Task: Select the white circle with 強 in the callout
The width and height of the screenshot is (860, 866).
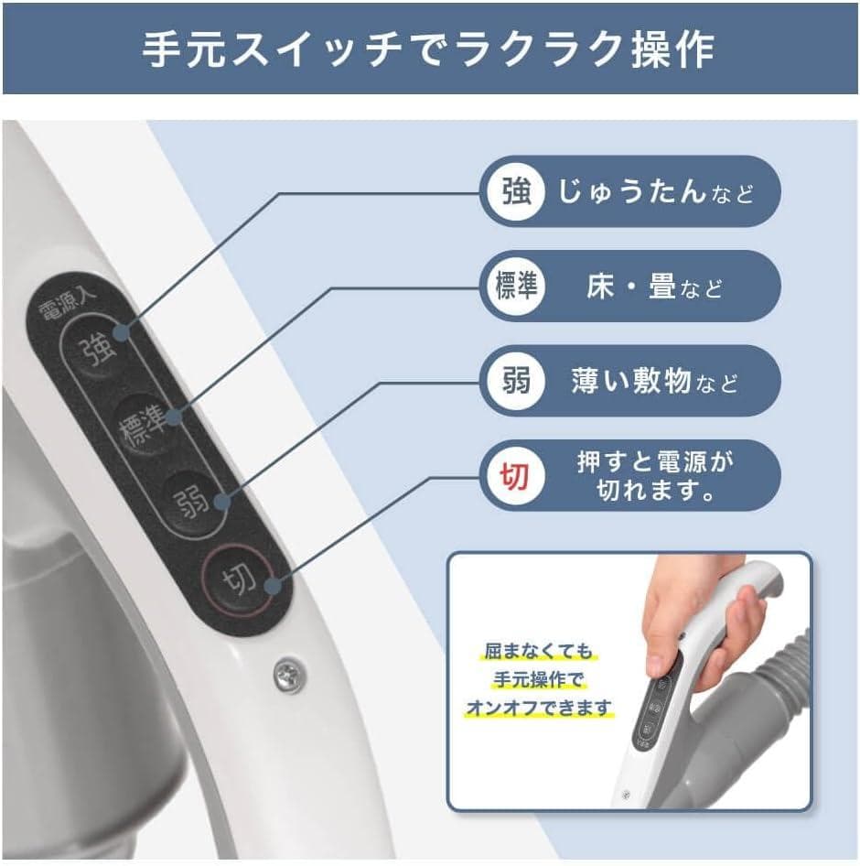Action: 515,191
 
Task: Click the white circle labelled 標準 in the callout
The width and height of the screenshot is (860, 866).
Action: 515,286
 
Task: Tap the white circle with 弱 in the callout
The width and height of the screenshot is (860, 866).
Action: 515,380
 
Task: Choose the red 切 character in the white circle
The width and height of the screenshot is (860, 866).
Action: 515,475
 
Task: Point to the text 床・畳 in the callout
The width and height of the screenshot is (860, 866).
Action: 630,287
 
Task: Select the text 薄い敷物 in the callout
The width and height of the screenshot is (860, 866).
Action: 630,381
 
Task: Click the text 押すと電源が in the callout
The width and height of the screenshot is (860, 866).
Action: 655,460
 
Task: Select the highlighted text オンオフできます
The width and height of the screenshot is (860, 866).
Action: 538,709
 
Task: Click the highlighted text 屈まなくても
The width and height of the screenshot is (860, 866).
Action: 538,652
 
